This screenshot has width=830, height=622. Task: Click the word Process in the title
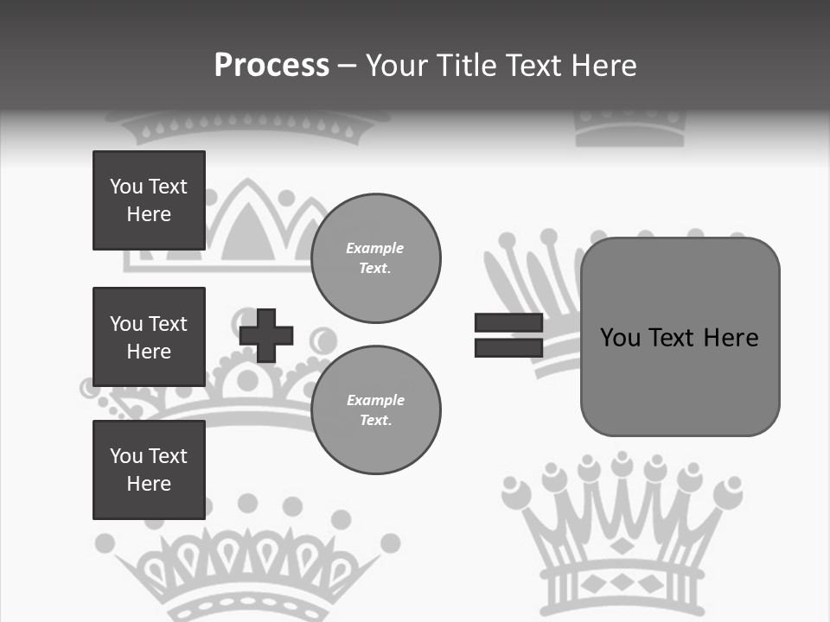pyautogui.click(x=271, y=65)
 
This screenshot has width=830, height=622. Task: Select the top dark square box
pyautogui.click(x=149, y=200)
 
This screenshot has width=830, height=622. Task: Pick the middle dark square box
pyautogui.click(x=149, y=337)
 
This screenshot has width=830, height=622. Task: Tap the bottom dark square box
pyautogui.click(x=149, y=470)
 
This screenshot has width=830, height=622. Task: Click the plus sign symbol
pyautogui.click(x=266, y=335)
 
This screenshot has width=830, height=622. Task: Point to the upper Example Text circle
pyautogui.click(x=376, y=258)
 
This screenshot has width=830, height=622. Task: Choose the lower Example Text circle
pyautogui.click(x=376, y=409)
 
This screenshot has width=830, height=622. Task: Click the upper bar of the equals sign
pyautogui.click(x=508, y=322)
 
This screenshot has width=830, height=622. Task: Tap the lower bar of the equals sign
pyautogui.click(x=508, y=348)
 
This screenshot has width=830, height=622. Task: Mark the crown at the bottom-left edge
pyautogui.click(x=251, y=562)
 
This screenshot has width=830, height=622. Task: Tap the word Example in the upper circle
pyautogui.click(x=374, y=248)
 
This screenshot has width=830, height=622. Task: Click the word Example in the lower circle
pyautogui.click(x=375, y=400)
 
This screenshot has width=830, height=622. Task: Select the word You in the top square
pyautogui.click(x=125, y=187)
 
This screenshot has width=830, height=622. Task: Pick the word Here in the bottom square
pyautogui.click(x=149, y=484)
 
